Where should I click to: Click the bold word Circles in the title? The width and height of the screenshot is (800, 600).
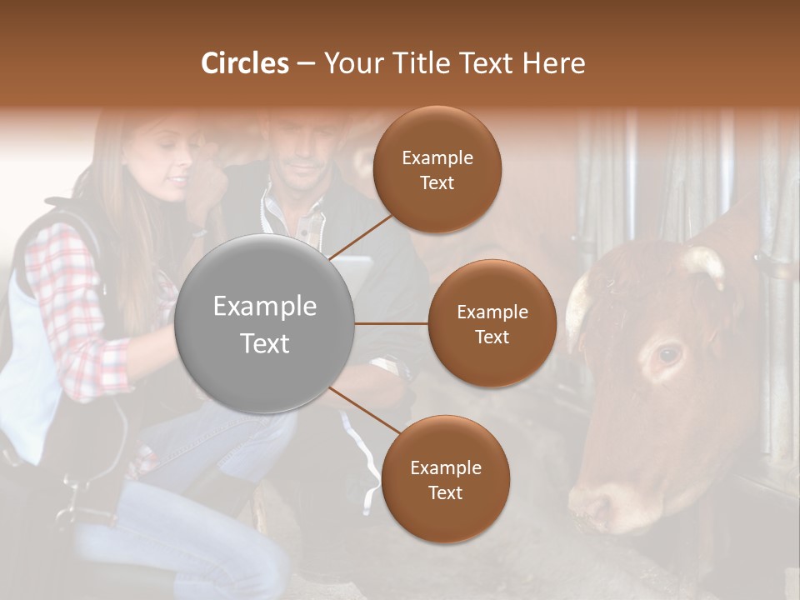coord(245,63)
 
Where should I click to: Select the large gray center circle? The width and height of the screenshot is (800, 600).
coord(265,323)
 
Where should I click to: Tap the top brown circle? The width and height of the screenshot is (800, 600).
coord(437,169)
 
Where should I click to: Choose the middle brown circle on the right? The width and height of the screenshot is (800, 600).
coord(492,323)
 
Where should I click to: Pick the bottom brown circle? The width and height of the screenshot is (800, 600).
coord(445,479)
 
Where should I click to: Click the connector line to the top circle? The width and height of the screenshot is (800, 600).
coord(359,236)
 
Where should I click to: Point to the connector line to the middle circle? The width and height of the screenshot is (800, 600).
coord(392,323)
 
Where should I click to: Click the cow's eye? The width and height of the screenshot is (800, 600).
coord(667,355)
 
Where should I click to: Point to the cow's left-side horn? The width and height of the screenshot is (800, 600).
coord(576,308)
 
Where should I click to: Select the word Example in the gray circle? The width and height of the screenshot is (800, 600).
coord(265,307)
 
